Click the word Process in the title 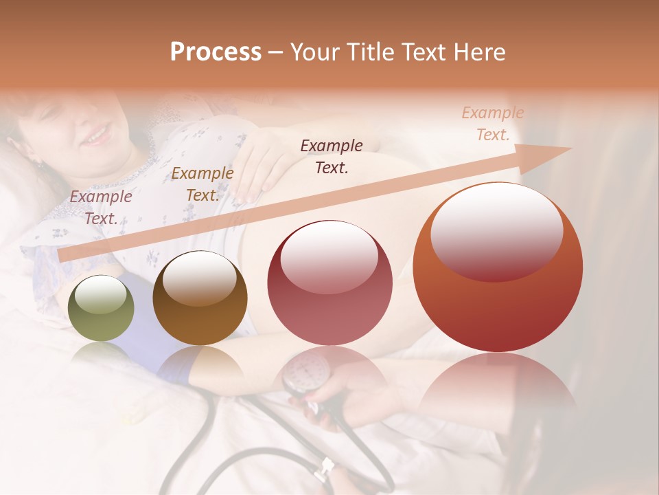(x=216, y=52)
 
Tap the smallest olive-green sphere (x=101, y=308)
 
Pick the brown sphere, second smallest (x=200, y=298)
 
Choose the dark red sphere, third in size (x=329, y=283)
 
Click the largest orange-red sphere (x=498, y=268)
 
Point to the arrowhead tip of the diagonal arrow (x=570, y=148)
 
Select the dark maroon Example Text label (x=332, y=156)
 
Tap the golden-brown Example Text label (x=202, y=184)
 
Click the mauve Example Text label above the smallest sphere (x=100, y=207)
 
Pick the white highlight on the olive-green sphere (x=101, y=296)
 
